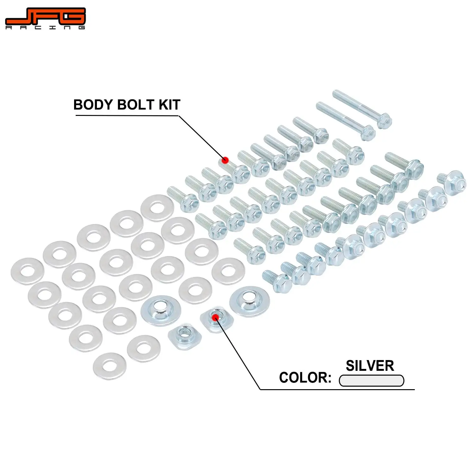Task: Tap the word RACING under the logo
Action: [x=45, y=28]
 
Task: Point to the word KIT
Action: [x=169, y=105]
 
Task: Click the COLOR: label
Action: [x=305, y=377]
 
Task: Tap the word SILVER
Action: [x=370, y=366]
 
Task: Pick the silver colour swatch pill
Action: [x=371, y=381]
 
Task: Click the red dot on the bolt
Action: [x=225, y=160]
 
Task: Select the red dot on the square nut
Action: [x=216, y=317]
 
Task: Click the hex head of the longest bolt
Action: [x=384, y=120]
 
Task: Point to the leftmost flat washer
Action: [x=27, y=271]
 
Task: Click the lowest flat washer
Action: [x=110, y=366]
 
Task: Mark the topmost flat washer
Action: [x=157, y=208]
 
